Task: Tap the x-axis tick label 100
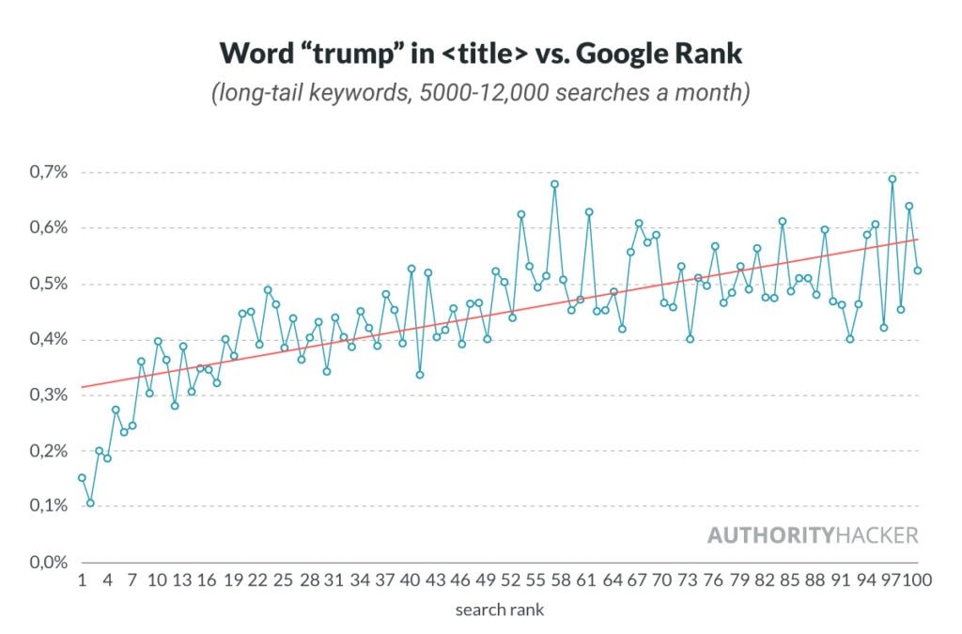pos(916,580)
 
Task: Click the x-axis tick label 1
pos(82,580)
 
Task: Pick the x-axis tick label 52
pos(511,580)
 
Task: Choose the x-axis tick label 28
pos(308,580)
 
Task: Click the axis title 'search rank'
pos(499,610)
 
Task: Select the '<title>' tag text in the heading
pos(479,54)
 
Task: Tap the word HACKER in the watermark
pos(876,535)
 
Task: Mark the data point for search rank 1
pos(82,477)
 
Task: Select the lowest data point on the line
pos(90,503)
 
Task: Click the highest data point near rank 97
pos(892,178)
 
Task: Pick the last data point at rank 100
pos(917,271)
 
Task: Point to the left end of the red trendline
pos(82,387)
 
